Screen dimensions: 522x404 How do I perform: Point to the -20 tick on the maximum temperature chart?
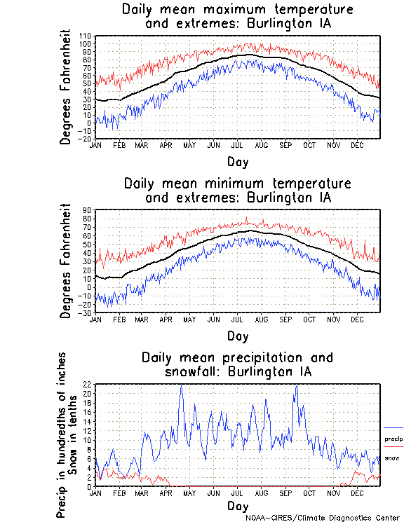coord(86,139)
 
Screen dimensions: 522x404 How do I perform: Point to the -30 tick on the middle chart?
coord(86,312)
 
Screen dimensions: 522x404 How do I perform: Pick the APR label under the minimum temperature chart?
coord(166,320)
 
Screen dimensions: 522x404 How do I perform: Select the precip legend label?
coord(393,439)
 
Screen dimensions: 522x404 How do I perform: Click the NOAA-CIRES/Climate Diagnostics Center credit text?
coord(323,518)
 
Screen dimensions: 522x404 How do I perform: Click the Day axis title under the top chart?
coord(237,162)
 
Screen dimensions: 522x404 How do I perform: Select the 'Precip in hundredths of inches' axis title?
coord(62,434)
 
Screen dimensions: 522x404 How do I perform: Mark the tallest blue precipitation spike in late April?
coord(181,386)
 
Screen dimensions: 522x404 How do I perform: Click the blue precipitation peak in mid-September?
coord(297,386)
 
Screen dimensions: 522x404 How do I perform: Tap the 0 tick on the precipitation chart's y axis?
coord(90,486)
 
